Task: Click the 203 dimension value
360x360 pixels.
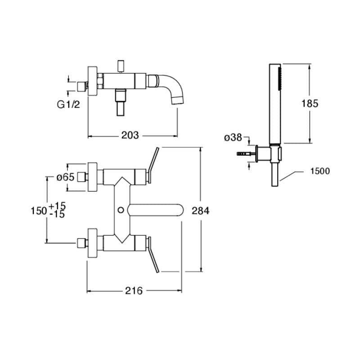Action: point(130,135)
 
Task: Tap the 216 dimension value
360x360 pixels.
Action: point(134,291)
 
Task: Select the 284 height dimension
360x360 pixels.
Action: point(200,211)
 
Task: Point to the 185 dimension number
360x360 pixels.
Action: point(310,103)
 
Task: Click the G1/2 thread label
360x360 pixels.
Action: point(68,105)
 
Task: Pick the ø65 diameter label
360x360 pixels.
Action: point(65,177)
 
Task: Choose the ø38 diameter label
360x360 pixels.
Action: point(233,138)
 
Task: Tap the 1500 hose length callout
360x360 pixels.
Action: point(320,171)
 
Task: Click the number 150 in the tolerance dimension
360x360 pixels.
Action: point(39,211)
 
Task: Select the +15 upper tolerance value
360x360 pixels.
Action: point(57,206)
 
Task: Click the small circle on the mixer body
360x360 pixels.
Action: point(121,210)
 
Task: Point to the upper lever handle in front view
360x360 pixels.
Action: point(153,165)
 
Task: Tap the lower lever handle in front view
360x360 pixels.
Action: point(153,255)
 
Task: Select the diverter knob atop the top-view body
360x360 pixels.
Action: point(120,66)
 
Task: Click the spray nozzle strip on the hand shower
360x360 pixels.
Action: point(280,78)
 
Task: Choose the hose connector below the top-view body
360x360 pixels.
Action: point(121,102)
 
